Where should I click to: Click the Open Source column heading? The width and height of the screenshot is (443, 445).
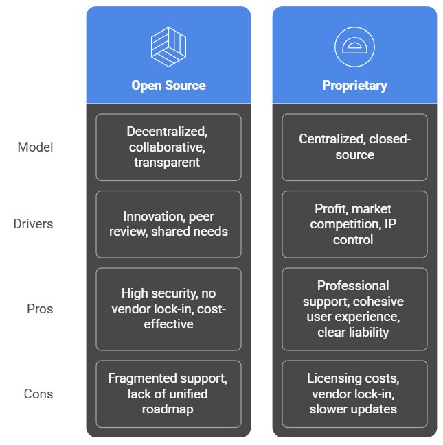[x=168, y=86]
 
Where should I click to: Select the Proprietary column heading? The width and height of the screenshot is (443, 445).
[x=354, y=86]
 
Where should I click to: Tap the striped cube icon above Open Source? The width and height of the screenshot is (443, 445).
[x=168, y=46]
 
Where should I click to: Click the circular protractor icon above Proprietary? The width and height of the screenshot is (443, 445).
[x=354, y=46]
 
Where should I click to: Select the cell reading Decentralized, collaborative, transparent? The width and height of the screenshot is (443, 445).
[x=168, y=147]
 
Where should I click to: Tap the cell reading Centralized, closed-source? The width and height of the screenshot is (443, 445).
[x=354, y=147]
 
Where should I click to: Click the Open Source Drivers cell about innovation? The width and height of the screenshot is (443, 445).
[x=168, y=224]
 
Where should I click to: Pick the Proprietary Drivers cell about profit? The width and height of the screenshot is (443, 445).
[x=354, y=224]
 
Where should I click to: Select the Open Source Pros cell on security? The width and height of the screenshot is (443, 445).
[x=168, y=309]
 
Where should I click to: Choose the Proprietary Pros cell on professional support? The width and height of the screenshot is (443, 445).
[x=354, y=309]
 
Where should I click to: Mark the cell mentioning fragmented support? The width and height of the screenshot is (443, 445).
[x=168, y=394]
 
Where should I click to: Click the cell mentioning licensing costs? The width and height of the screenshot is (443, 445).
[x=354, y=394]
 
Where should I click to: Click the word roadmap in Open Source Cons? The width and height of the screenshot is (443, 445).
[x=168, y=409]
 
